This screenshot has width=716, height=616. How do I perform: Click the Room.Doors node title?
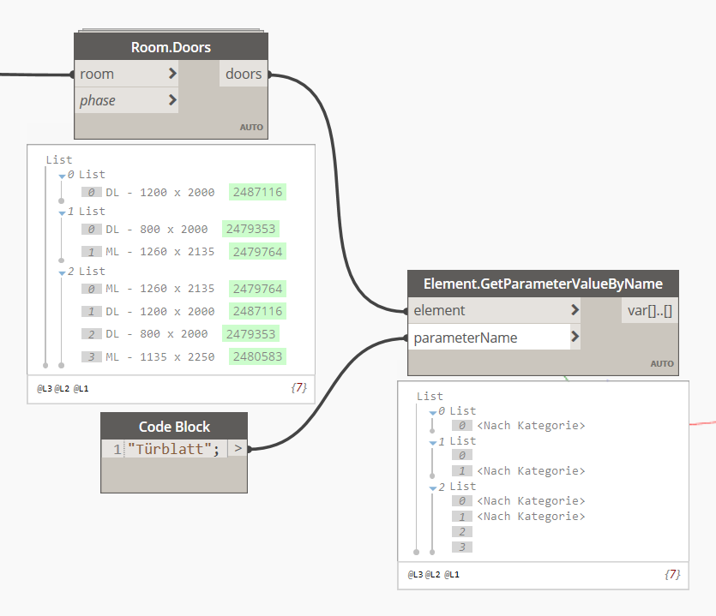point(171,47)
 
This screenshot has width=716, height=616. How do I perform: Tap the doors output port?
point(244,75)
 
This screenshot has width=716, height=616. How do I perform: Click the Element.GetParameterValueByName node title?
point(543,284)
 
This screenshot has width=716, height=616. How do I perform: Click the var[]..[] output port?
point(649,310)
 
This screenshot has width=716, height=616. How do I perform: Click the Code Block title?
point(174,427)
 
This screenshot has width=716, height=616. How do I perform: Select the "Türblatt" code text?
point(174,448)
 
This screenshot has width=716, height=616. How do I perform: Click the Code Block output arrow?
point(238,448)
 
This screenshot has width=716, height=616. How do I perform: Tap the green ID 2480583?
point(257,356)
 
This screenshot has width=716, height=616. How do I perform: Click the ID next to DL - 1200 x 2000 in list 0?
point(257,192)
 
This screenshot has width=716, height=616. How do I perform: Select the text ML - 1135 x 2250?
point(160,356)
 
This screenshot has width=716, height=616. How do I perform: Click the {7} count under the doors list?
point(298,388)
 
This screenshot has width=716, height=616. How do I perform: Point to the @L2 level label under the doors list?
point(62,389)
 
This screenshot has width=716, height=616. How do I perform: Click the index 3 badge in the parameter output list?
point(461,547)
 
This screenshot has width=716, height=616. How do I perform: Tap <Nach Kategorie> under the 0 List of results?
point(531,426)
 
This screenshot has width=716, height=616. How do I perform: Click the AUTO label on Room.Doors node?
point(251,128)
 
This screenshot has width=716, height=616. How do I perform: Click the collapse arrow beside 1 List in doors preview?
point(62,212)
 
